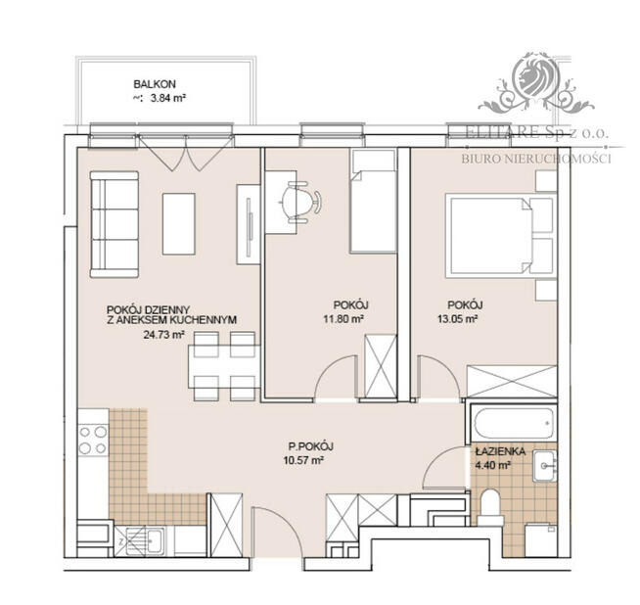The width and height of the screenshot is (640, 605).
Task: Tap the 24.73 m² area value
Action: [x=135, y=334]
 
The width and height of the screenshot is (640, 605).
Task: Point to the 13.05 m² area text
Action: [x=457, y=318]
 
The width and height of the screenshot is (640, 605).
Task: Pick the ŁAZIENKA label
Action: [x=501, y=452]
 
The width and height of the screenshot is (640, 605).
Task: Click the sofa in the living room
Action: [x=114, y=223]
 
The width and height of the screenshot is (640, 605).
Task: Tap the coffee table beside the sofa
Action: [x=178, y=223]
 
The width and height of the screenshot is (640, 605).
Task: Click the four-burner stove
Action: [x=93, y=440]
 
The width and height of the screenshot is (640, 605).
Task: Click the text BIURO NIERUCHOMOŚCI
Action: [x=535, y=158]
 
